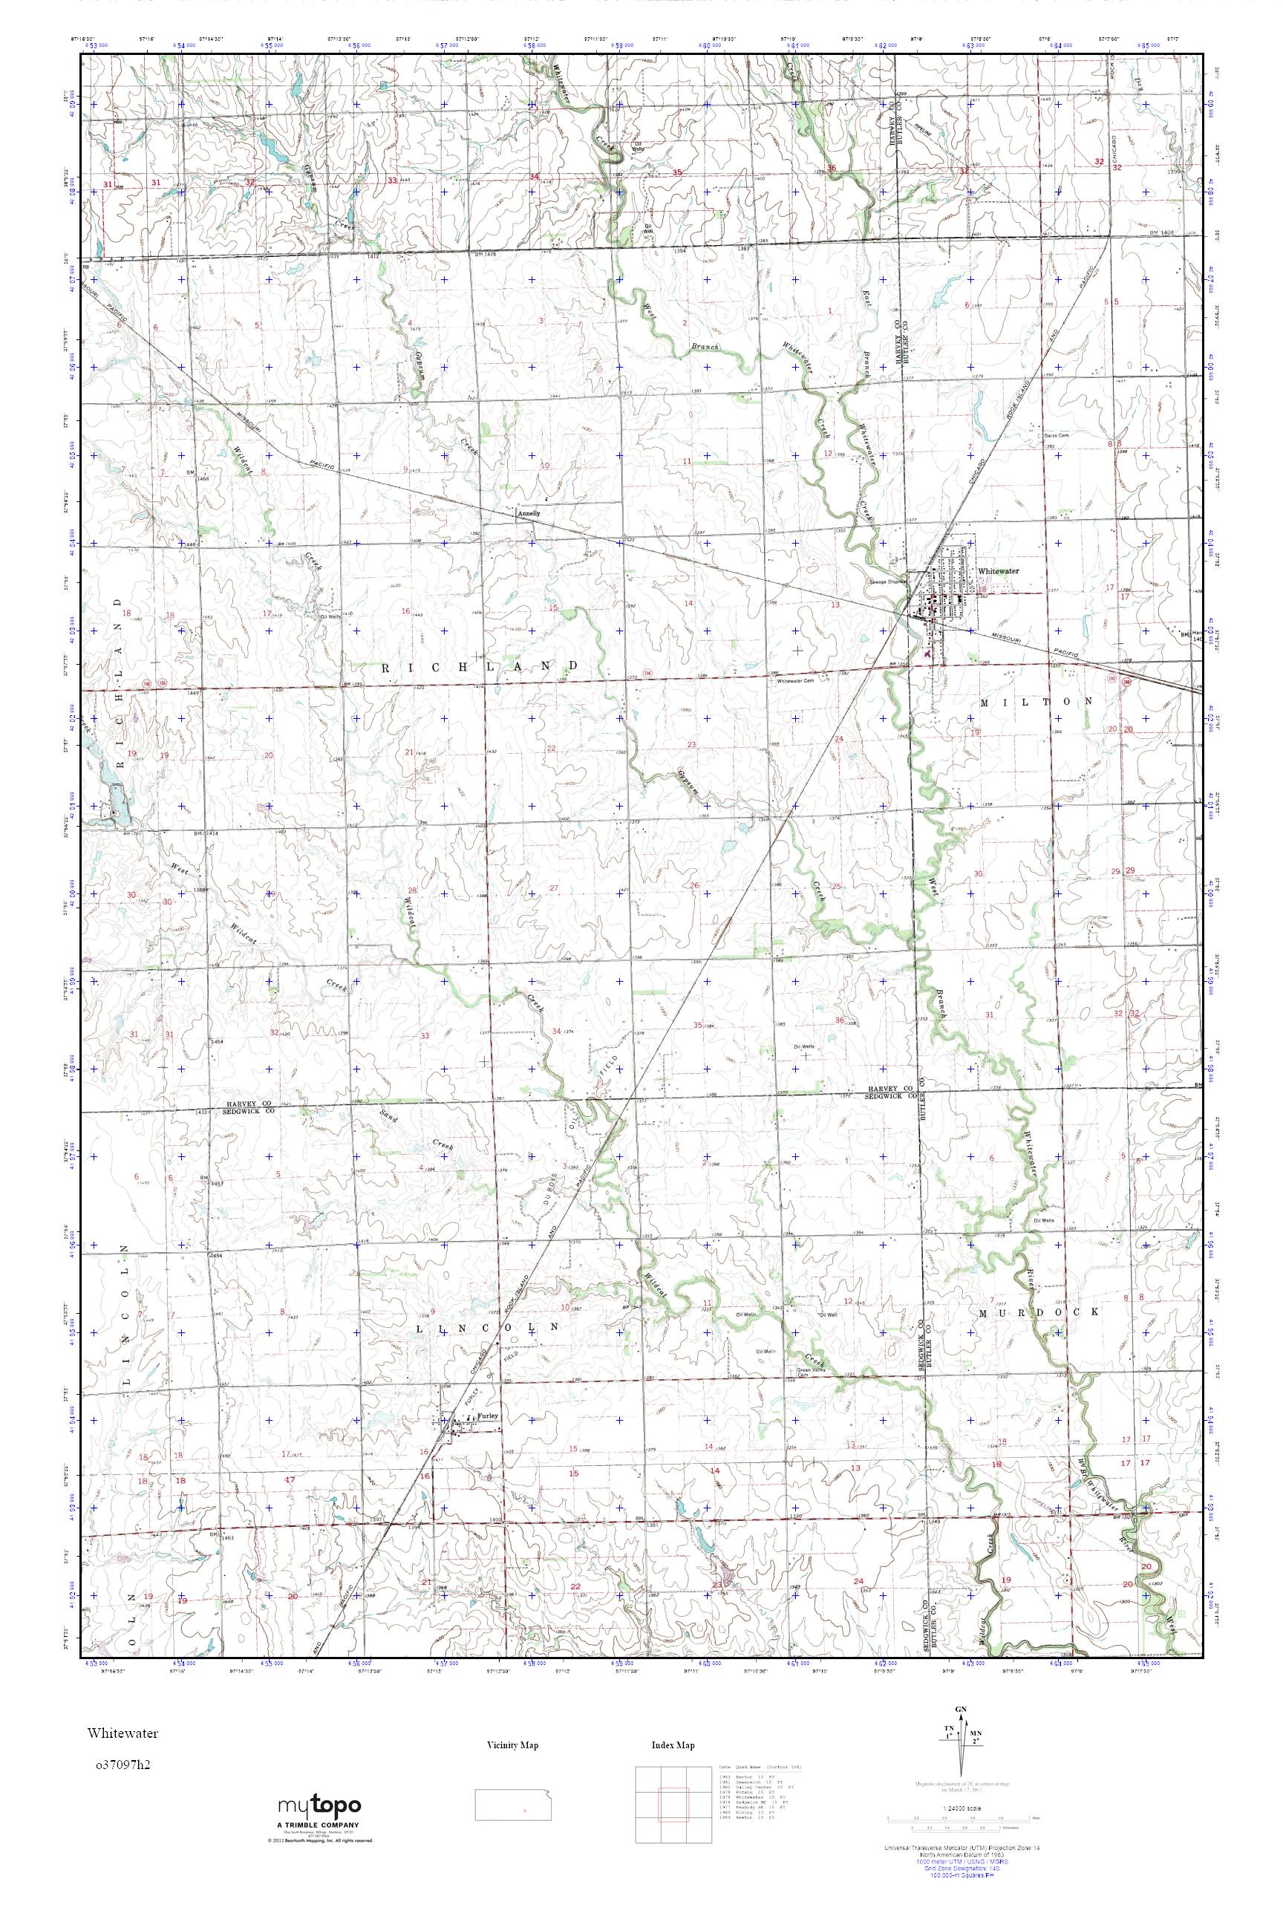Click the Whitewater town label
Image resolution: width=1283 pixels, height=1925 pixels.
coord(995,570)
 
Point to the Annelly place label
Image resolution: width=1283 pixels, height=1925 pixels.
coord(529,514)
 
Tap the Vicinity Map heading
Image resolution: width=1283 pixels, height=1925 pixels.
coord(512,1745)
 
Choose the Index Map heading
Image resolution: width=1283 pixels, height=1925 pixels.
coord(673,1745)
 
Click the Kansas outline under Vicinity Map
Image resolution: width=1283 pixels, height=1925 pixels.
coord(512,1795)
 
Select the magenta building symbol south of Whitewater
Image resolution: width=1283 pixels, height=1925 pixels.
coord(927,653)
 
